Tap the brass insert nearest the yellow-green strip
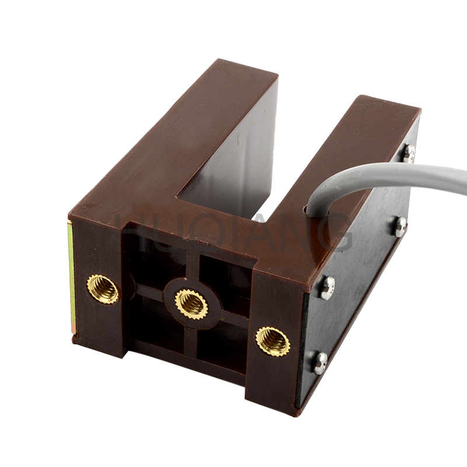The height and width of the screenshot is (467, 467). pyautogui.click(x=103, y=289)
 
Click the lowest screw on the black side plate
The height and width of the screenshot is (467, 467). pyautogui.click(x=320, y=363)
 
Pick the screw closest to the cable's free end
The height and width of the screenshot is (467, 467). pyautogui.click(x=408, y=153)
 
